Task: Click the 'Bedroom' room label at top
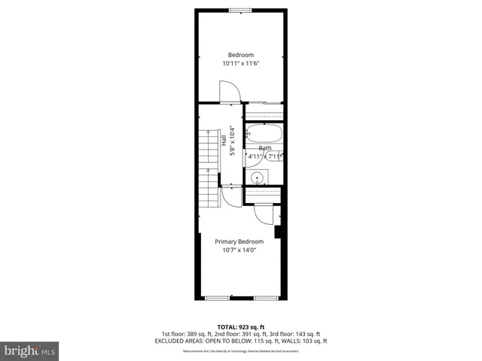241,55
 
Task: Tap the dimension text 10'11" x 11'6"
241,64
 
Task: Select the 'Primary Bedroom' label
239,241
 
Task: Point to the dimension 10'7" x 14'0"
239,250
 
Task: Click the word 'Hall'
224,141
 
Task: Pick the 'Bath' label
265,148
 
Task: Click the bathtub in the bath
264,136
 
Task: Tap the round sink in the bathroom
258,178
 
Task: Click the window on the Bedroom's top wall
241,10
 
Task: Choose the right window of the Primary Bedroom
265,299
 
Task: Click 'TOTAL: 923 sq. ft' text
241,326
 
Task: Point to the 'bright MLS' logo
30,350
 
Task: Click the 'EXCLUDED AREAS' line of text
241,340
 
